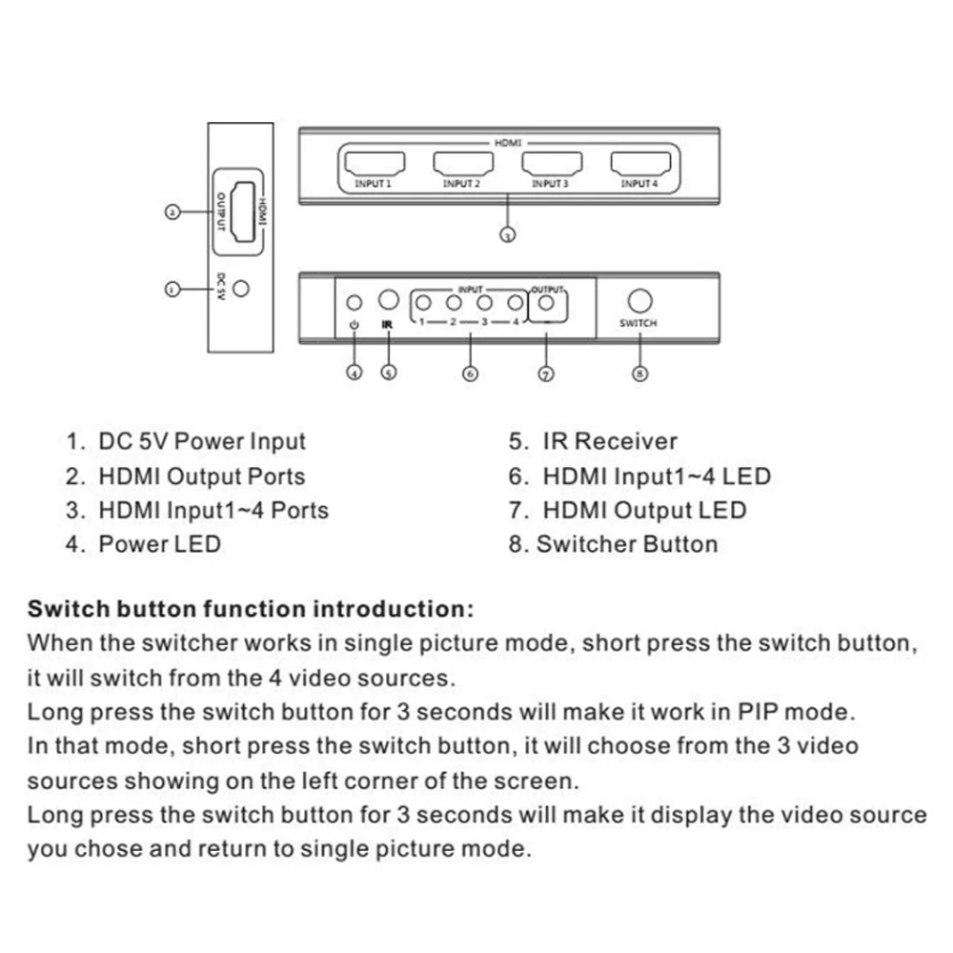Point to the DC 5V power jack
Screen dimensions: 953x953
tap(243, 287)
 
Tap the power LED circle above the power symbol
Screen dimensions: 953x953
tap(355, 303)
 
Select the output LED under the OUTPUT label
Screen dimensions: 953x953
tap(546, 303)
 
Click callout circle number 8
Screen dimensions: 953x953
tap(640, 374)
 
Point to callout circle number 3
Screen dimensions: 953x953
tap(508, 234)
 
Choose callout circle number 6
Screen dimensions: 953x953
tap(470, 374)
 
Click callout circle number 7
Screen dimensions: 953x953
tap(546, 374)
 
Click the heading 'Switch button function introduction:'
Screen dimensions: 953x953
tap(251, 609)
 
